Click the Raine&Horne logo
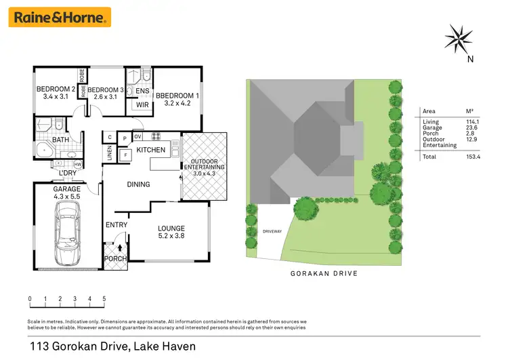[60, 17]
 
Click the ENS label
[142, 90]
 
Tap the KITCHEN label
[151, 149]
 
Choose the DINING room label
[138, 184]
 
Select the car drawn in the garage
[68, 228]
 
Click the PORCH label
[114, 258]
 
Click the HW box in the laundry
[78, 164]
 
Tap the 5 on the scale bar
[104, 298]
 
